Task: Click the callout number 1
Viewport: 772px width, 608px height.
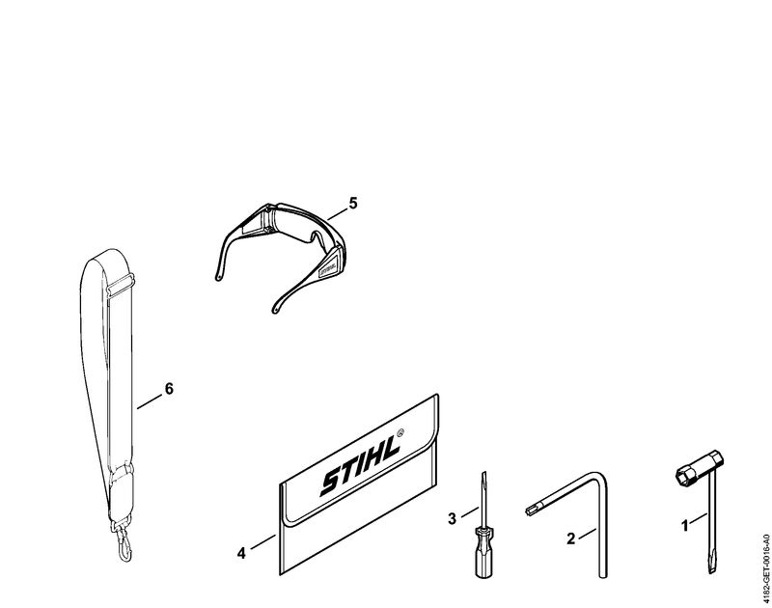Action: (x=684, y=526)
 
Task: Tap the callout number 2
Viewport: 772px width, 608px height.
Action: (x=570, y=539)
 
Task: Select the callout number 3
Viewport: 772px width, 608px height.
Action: (x=452, y=518)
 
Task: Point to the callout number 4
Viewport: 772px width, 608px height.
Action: (x=241, y=553)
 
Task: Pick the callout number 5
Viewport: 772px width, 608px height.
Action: (x=352, y=203)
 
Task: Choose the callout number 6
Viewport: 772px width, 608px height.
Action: (x=169, y=389)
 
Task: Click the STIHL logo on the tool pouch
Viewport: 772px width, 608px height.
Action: (x=360, y=465)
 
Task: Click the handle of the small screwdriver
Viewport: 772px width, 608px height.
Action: (x=482, y=551)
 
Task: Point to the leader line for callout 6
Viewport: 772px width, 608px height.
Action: (x=150, y=401)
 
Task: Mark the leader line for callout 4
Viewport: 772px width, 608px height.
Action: (x=262, y=541)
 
